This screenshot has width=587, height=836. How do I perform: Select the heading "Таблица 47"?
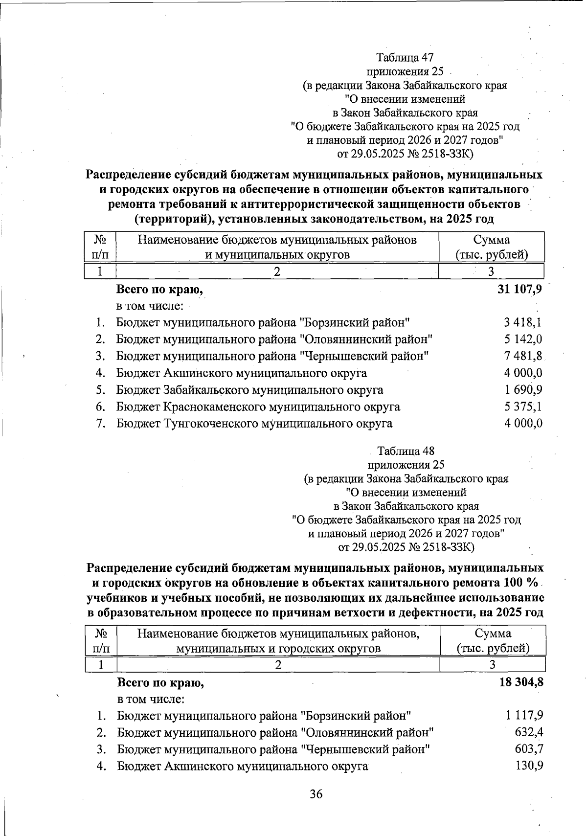[x=405, y=58]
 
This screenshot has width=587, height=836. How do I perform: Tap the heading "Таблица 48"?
[x=406, y=451]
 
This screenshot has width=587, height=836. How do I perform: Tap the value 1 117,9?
[x=524, y=716]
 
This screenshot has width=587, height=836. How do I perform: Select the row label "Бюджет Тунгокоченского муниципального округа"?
[x=254, y=424]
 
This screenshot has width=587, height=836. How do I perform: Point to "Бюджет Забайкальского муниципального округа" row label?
[x=249, y=390]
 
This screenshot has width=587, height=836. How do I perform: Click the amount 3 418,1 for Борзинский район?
[x=523, y=322]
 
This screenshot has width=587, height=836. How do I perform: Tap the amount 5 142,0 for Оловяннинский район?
[x=523, y=339]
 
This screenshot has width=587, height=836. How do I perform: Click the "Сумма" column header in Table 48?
[x=493, y=633]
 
